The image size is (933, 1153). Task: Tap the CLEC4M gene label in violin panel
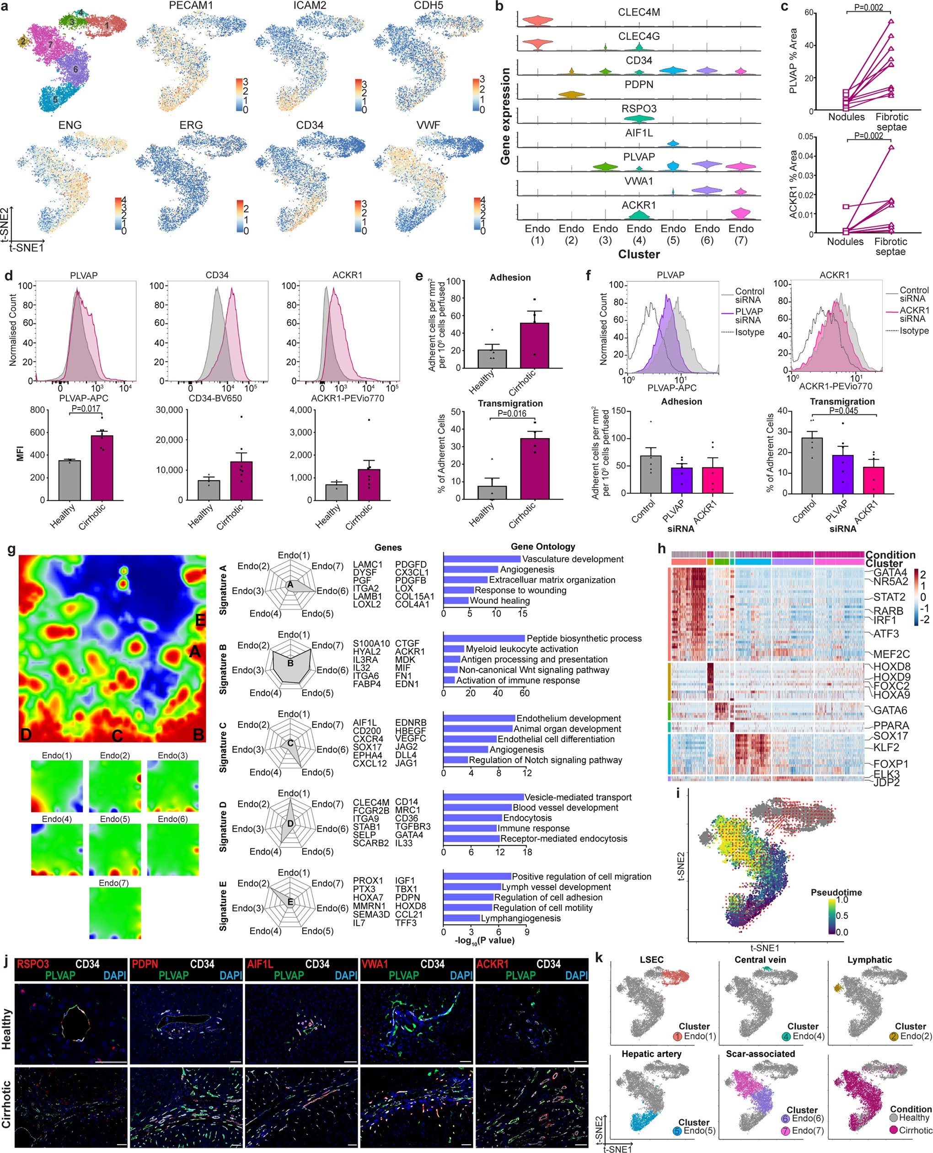tap(638, 12)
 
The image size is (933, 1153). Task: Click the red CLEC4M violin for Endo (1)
tap(537, 21)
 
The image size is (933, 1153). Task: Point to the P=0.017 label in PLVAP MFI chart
tap(86, 408)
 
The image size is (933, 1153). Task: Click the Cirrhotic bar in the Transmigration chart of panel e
tap(535, 468)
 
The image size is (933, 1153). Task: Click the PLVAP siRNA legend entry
tap(749, 316)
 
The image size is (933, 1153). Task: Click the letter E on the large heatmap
tap(200, 620)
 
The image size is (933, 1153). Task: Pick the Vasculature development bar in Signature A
tap(482, 559)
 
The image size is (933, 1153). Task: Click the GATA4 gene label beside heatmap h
tap(890, 572)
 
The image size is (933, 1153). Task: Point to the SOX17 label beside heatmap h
tap(890, 735)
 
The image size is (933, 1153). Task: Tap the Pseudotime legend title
tap(836, 892)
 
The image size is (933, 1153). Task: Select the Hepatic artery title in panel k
tap(651, 1054)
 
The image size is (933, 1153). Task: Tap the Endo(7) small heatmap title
tap(113, 883)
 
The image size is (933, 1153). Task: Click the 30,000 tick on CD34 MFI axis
tap(169, 410)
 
